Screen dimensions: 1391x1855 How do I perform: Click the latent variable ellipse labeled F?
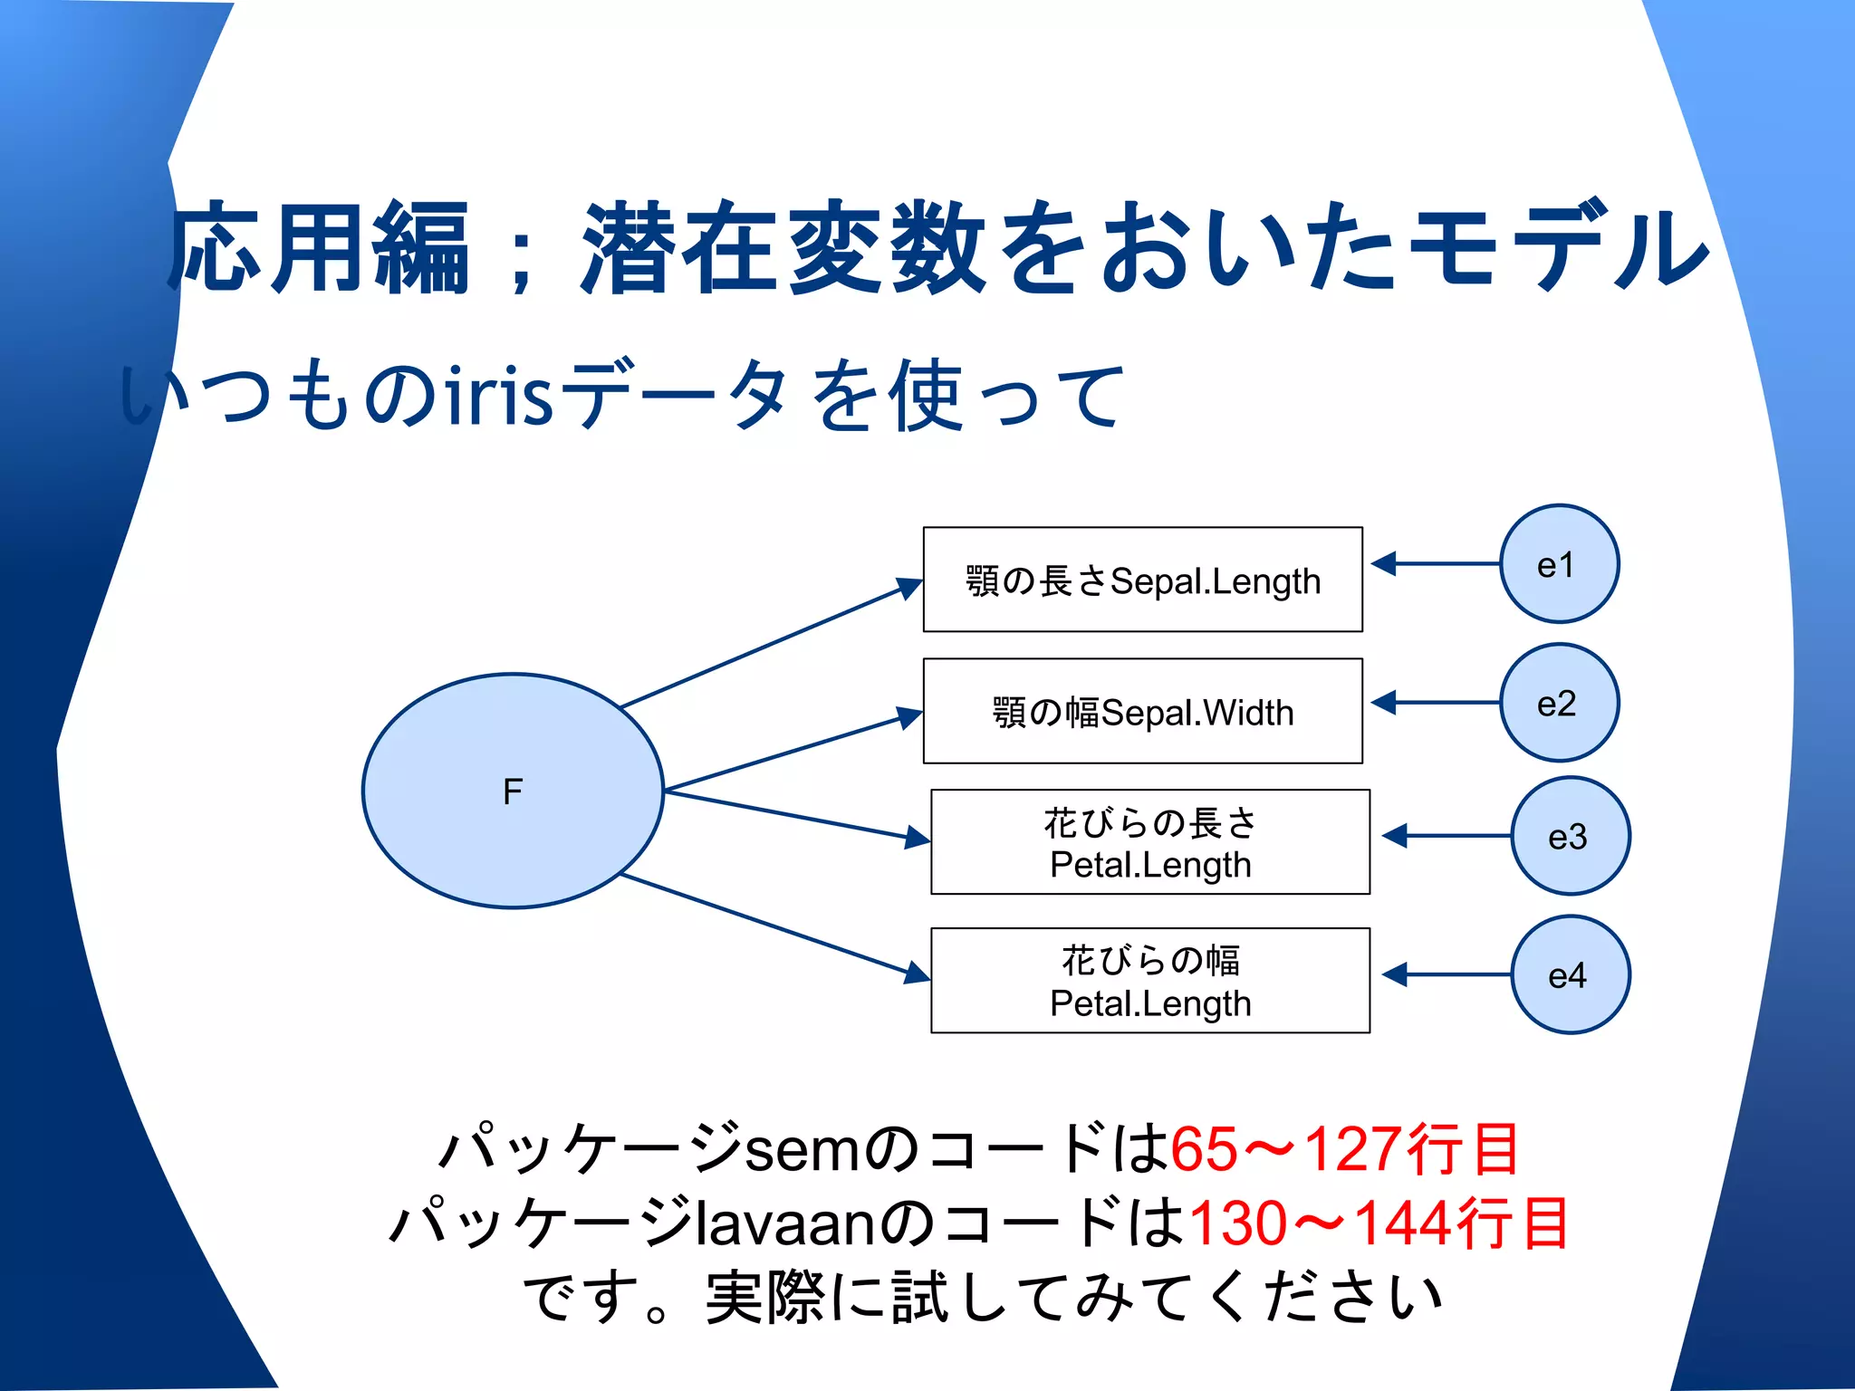[513, 791]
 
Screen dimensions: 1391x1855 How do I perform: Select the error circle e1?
[1559, 564]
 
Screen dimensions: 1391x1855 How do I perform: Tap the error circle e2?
[1559, 703]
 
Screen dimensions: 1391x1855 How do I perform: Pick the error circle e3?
[1570, 836]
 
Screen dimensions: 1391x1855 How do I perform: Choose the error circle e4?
[1570, 974]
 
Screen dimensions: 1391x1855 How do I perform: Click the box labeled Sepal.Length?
[1142, 580]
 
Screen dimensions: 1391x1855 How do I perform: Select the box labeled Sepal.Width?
[1142, 711]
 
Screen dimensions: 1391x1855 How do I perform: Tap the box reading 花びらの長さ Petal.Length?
[1149, 842]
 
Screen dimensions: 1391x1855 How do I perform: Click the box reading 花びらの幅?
[1149, 980]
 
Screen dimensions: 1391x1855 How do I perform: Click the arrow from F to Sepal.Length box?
[770, 645]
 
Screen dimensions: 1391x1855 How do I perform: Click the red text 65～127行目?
[1344, 1148]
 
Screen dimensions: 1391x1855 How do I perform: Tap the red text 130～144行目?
[1378, 1223]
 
